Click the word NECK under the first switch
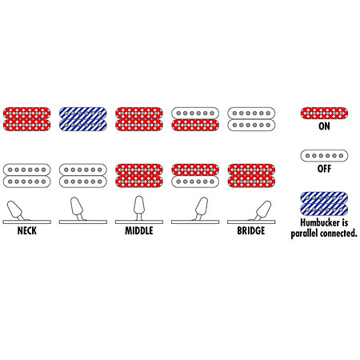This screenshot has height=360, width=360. (x=27, y=230)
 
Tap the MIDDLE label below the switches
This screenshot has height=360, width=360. (x=139, y=230)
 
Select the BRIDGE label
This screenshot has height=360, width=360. (x=251, y=230)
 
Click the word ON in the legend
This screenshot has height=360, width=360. (x=324, y=126)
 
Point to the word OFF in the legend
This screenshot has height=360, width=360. (x=324, y=169)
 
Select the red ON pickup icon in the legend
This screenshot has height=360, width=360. (x=324, y=114)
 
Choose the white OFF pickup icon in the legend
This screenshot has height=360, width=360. (x=324, y=156)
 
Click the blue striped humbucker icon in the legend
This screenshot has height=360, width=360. (x=324, y=204)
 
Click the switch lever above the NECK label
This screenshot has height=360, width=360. (x=15, y=210)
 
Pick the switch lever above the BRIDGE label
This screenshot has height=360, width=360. (x=263, y=210)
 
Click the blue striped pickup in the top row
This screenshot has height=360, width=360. (x=83, y=119)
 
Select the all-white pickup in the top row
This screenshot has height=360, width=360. (x=251, y=119)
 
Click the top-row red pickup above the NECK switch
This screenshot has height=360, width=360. (x=27, y=119)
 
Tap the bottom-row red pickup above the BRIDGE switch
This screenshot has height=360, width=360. (x=251, y=176)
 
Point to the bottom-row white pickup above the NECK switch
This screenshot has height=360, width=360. (x=27, y=176)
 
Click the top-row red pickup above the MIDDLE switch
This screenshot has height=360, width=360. (x=139, y=119)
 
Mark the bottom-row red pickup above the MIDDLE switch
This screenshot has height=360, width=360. (x=139, y=176)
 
